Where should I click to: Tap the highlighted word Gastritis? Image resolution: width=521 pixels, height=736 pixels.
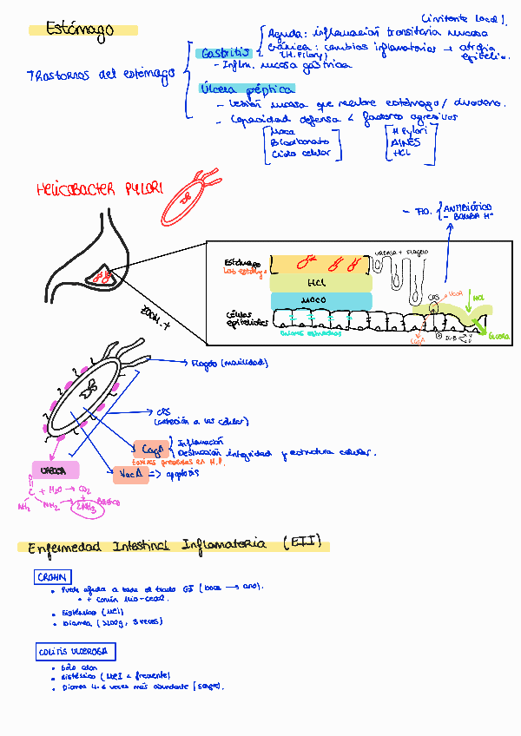[224, 54]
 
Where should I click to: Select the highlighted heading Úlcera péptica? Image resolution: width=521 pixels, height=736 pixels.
[234, 89]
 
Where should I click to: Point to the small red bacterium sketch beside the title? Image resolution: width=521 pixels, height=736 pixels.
[192, 194]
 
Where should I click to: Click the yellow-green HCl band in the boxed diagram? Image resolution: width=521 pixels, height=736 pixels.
[320, 283]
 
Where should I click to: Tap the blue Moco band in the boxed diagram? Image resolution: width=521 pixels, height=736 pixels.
[320, 300]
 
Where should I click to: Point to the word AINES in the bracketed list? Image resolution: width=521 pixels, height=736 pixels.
[406, 142]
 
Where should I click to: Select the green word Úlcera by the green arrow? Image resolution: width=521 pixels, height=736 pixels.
[498, 336]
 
